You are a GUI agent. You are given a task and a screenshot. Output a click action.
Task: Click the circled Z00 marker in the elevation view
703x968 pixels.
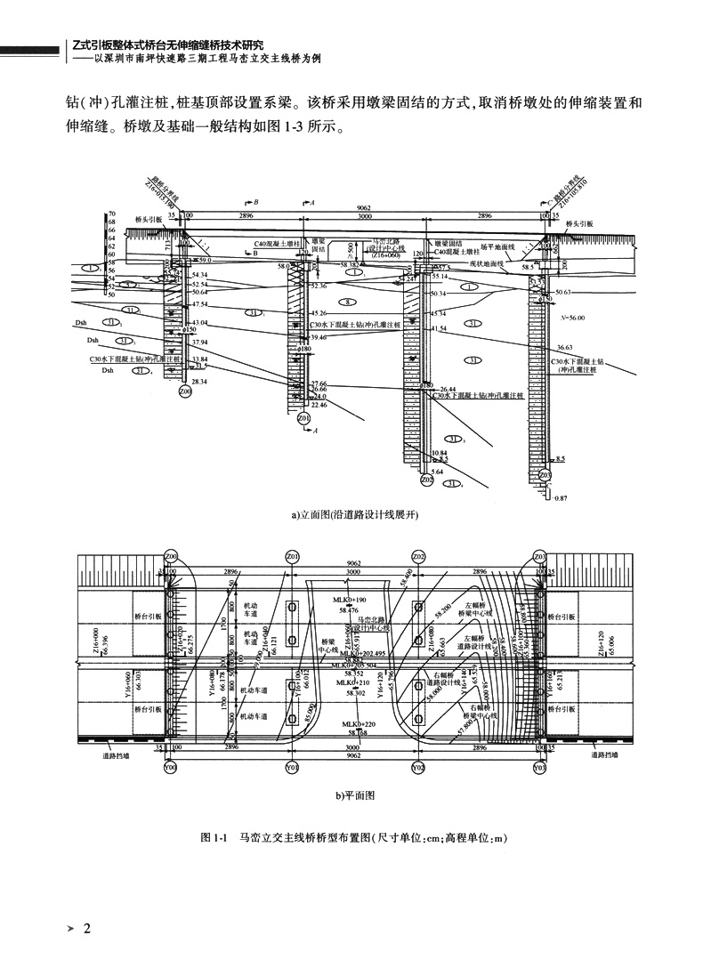coord(184,391)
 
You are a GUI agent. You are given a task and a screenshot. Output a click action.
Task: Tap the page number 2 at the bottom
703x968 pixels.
coord(86,931)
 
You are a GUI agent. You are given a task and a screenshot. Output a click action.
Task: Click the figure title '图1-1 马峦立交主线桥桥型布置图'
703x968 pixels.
coord(353,837)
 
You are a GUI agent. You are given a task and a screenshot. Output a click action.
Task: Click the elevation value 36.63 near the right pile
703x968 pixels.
coord(564,347)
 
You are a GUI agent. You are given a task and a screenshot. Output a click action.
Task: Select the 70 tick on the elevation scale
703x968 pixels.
coord(113,214)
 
